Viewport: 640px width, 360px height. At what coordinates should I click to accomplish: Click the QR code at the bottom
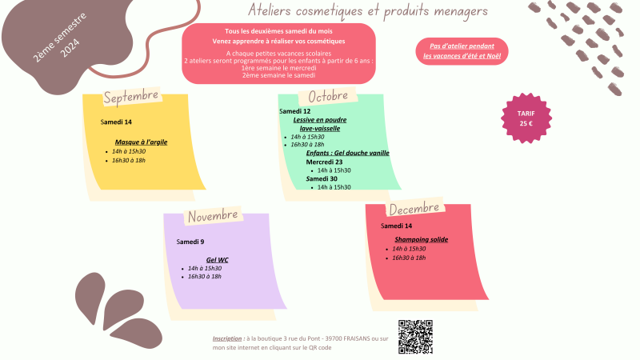(415, 337)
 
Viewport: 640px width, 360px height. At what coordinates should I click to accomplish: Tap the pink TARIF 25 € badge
(526, 118)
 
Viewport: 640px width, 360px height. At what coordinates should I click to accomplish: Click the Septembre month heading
(131, 97)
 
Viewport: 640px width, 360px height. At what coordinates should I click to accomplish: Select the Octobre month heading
(328, 96)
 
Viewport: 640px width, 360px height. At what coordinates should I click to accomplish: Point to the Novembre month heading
(213, 215)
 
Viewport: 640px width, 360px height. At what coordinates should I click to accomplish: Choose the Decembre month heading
(414, 208)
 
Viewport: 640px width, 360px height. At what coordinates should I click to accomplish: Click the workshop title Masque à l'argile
(141, 142)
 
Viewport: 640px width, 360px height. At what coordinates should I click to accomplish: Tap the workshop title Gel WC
(218, 259)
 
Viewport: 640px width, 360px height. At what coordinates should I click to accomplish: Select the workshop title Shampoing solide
(421, 239)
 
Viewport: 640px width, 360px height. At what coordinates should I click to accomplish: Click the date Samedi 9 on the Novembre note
(190, 242)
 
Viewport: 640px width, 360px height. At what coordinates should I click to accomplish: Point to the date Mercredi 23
(324, 162)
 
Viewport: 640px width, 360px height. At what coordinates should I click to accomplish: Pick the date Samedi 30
(322, 178)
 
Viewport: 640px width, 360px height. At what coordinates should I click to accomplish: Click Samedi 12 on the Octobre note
(294, 111)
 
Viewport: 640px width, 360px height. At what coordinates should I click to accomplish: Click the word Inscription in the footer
(228, 338)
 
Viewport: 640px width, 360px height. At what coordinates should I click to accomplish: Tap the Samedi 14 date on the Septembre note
(116, 122)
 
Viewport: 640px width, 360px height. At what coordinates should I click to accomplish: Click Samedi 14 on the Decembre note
(397, 226)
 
